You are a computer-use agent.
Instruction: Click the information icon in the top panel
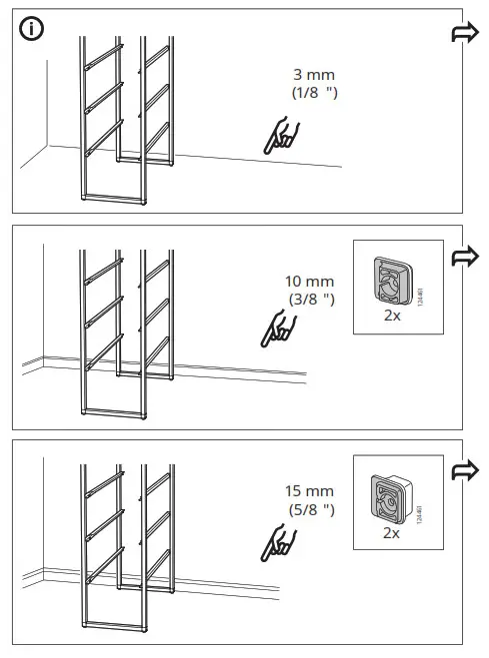31,30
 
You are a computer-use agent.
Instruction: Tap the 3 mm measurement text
313,75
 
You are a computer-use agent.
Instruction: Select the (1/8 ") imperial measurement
313,93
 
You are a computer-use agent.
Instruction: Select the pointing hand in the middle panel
277,330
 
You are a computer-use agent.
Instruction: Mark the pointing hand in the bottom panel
277,540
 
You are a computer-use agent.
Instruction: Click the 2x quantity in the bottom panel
391,532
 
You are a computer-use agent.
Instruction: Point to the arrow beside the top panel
466,35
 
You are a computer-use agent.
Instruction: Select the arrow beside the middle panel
466,257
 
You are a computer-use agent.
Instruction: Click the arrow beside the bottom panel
466,470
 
